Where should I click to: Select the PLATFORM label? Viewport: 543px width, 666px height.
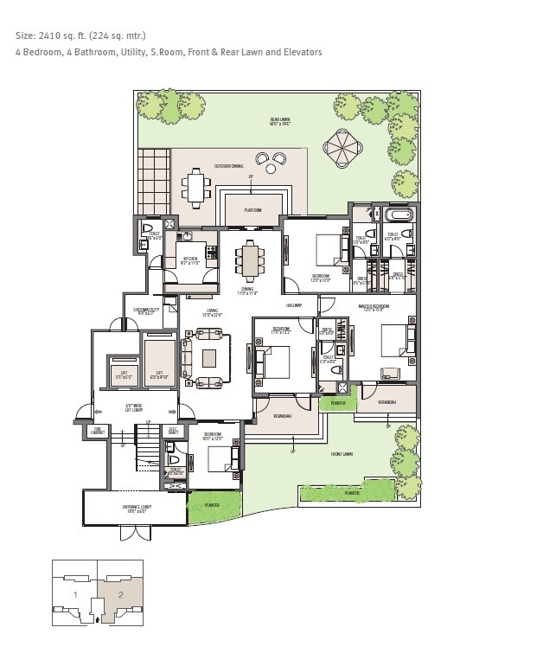[252, 209]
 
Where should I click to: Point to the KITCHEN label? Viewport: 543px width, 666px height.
[189, 258]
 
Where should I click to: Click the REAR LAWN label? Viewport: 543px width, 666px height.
[278, 122]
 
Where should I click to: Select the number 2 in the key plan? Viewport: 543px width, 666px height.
[120, 594]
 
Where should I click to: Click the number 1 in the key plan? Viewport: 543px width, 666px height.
[75, 594]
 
